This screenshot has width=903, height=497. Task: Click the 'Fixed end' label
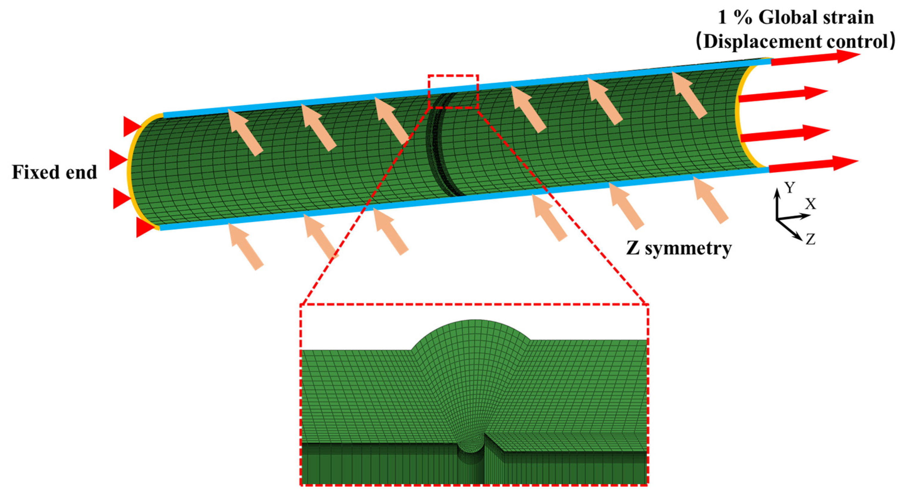pos(54,172)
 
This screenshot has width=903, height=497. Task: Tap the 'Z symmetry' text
pos(679,249)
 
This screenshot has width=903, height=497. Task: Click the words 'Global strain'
pos(817,18)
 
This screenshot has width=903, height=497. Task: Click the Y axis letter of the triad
pos(789,188)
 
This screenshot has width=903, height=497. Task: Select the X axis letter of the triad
pos(810,204)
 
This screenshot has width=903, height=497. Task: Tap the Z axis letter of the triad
pos(810,239)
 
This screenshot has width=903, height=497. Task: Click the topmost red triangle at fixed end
pos(131,126)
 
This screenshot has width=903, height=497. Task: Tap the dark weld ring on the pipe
pos(438,147)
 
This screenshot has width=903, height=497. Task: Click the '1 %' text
pos(735,18)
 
